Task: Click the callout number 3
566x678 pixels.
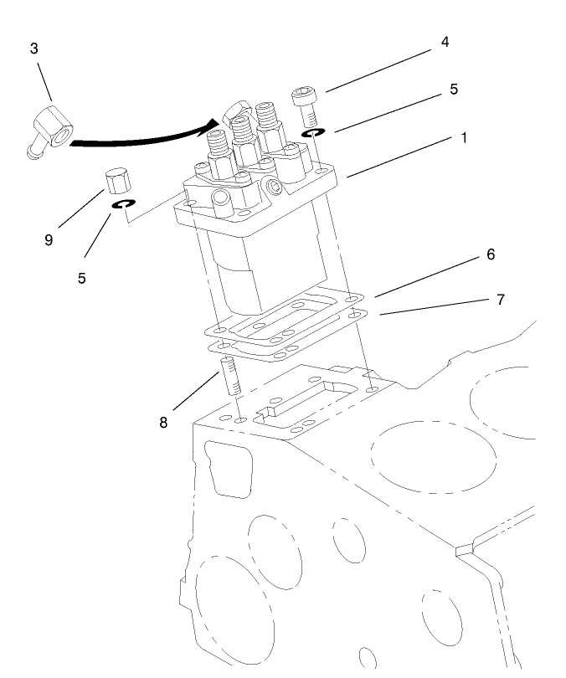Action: [33, 49]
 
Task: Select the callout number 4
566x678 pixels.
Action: [445, 42]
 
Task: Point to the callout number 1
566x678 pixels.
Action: [463, 138]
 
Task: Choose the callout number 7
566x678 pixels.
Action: [500, 299]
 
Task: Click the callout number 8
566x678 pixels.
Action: [163, 423]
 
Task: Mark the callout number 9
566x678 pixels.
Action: [49, 240]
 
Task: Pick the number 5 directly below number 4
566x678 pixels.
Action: [453, 89]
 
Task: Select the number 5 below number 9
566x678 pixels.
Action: [81, 279]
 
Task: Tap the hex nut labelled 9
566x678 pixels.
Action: [116, 180]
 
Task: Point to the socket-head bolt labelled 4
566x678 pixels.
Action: [304, 105]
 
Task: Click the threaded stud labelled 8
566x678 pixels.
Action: [232, 376]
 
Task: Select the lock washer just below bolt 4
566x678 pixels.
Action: [313, 133]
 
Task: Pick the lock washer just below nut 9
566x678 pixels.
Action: [121, 205]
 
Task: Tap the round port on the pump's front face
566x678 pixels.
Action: [222, 198]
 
